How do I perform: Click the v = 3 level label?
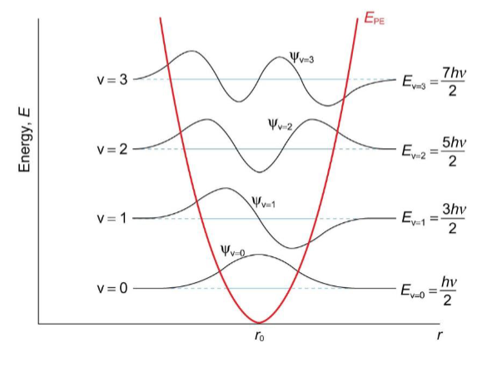[x=112, y=80]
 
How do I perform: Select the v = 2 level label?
[x=112, y=150]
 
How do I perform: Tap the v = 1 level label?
[x=112, y=218]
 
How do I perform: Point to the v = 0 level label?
[x=112, y=289]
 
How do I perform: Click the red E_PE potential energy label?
[x=374, y=18]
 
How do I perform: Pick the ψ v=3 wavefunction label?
[x=302, y=57]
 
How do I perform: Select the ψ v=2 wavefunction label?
[x=280, y=124]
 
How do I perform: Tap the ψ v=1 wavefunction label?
[x=263, y=202]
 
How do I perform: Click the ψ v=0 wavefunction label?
[x=233, y=250]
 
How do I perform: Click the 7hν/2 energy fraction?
[x=453, y=82]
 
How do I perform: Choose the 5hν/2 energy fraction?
[x=453, y=152]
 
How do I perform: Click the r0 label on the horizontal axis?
[x=259, y=336]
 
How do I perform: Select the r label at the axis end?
[x=440, y=335]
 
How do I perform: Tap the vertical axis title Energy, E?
[x=25, y=140]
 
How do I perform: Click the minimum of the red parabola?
[x=259, y=323]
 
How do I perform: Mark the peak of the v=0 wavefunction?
[x=259, y=255]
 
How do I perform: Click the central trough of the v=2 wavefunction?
[x=260, y=172]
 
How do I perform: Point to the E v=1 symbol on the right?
[x=414, y=219]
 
